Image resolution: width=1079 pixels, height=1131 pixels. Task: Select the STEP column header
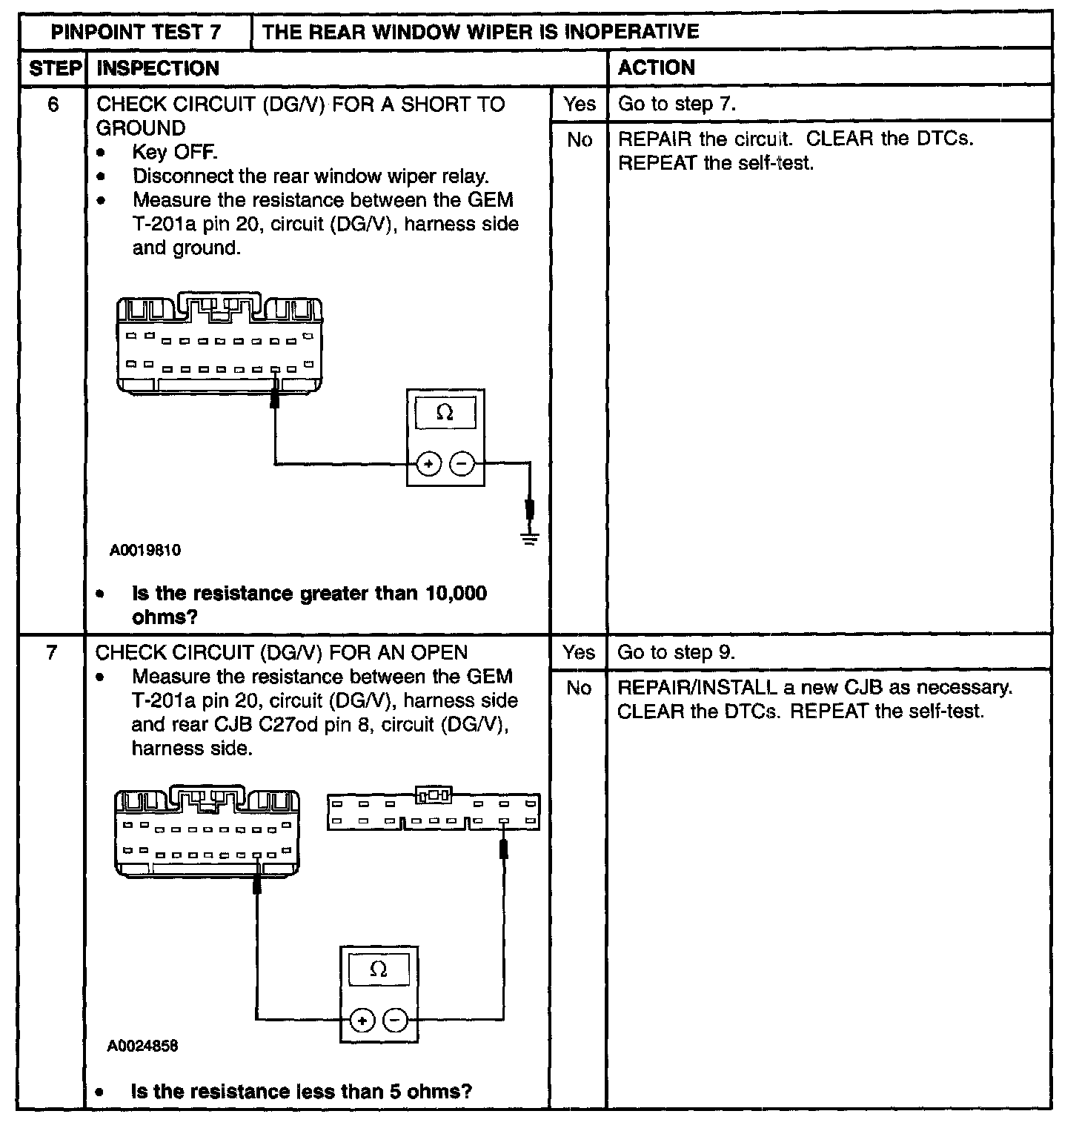click(54, 68)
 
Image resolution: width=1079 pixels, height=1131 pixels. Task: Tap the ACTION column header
click(657, 68)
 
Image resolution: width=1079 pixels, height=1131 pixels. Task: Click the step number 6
click(53, 105)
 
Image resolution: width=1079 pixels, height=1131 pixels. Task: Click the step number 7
click(51, 653)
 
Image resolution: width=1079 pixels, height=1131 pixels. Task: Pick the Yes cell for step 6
click(579, 105)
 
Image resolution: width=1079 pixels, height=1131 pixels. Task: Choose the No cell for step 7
click(579, 689)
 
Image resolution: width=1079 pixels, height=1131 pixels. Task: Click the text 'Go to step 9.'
click(676, 652)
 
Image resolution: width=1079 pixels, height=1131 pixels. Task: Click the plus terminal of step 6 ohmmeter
click(428, 465)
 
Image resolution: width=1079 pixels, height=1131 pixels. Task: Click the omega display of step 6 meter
click(445, 413)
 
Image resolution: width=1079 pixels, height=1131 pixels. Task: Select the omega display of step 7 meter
click(378, 969)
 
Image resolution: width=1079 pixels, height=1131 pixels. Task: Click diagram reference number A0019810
click(145, 551)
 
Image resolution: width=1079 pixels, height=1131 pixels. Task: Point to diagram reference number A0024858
click(142, 1047)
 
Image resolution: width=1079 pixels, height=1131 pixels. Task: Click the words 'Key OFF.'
click(175, 153)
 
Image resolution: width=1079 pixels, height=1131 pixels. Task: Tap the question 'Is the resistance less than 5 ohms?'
click(302, 1092)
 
